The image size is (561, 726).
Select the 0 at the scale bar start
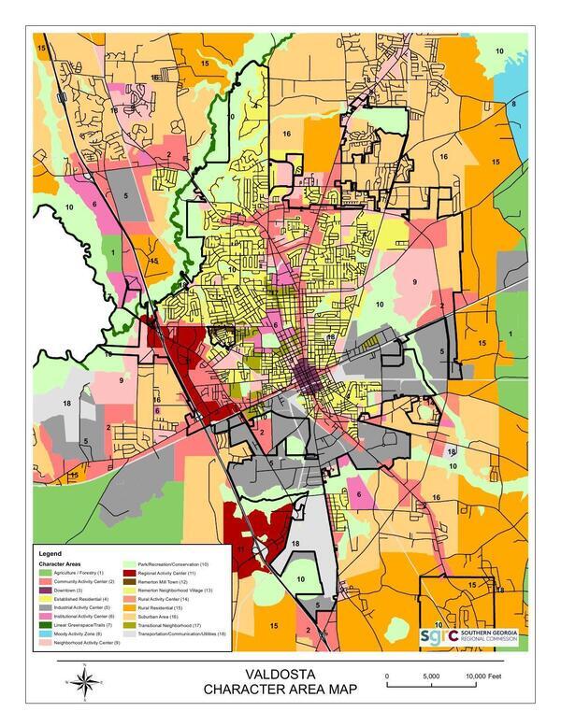tap(387, 675)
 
